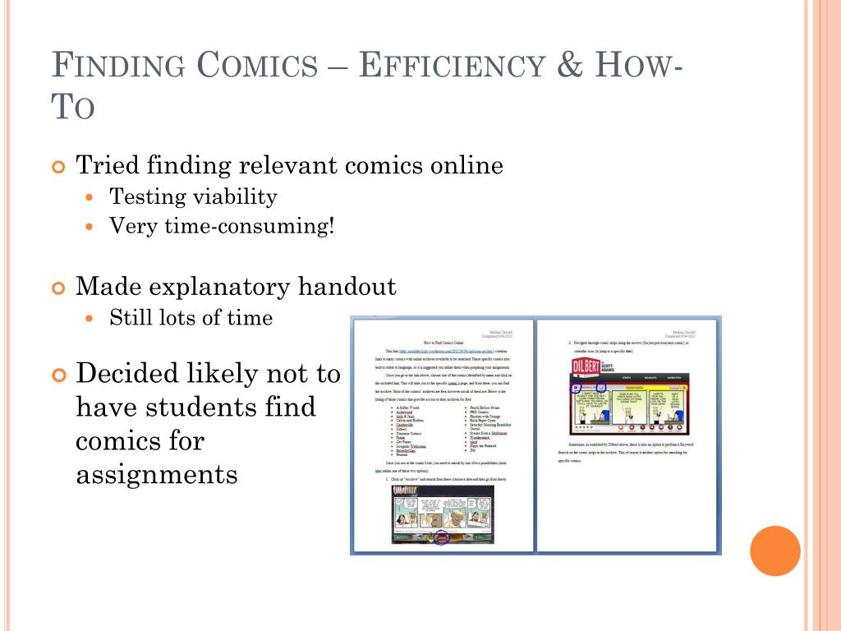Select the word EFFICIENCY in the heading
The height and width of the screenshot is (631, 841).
click(453, 66)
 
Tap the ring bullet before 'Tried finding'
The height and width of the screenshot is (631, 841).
click(57, 167)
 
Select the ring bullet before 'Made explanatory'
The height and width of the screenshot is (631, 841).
click(57, 288)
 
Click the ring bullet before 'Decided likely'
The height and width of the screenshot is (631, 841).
click(57, 375)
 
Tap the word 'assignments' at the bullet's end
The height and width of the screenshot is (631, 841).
click(157, 474)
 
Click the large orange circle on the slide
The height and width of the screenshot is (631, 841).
click(775, 550)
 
